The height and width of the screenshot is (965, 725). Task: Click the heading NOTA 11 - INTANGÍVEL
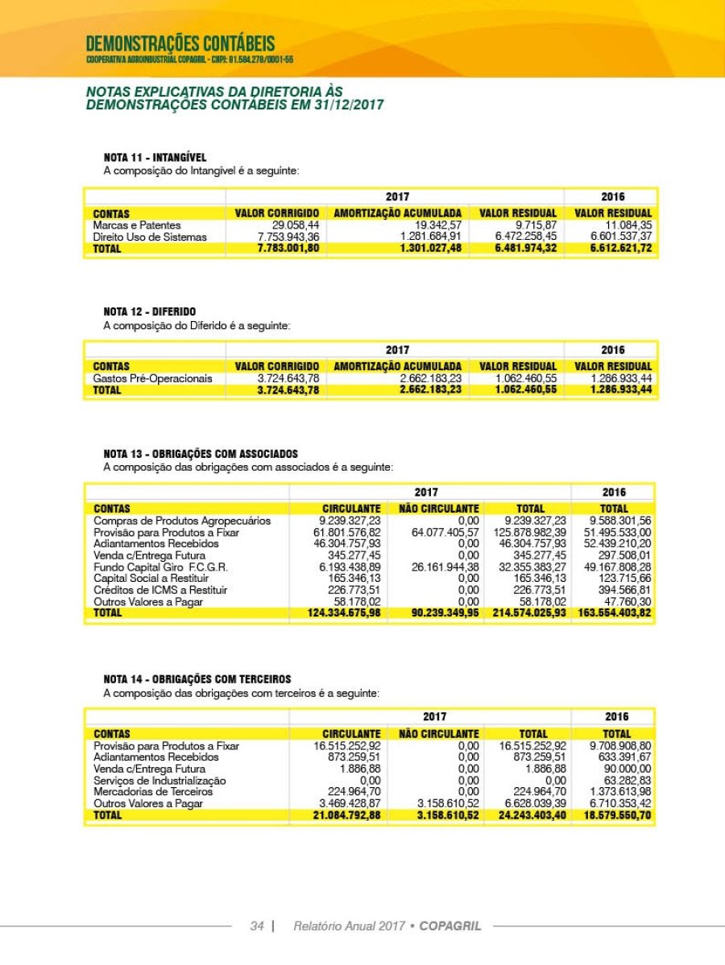155,157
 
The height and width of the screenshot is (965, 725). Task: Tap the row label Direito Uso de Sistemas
150,237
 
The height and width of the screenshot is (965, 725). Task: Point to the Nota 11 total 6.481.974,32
517,249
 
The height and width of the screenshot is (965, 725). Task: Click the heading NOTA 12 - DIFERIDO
150,311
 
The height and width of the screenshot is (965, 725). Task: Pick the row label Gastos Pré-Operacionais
153,378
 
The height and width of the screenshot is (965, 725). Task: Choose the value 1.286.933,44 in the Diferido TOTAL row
620,390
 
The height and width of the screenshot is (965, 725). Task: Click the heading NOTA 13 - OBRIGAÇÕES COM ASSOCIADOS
201,454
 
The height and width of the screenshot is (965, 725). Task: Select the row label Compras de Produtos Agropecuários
182,521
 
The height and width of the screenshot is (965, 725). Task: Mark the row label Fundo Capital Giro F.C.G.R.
161,567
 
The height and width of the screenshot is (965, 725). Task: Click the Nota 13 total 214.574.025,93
531,612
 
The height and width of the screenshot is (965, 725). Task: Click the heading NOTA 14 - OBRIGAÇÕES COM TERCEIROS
197,679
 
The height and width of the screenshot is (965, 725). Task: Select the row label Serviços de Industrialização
159,780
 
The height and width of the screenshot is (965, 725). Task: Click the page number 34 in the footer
257,926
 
